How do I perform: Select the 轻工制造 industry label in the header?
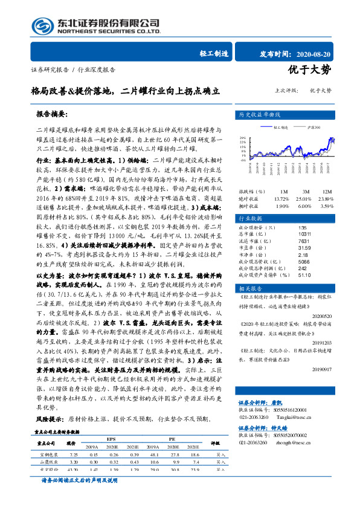(x=214, y=53)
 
